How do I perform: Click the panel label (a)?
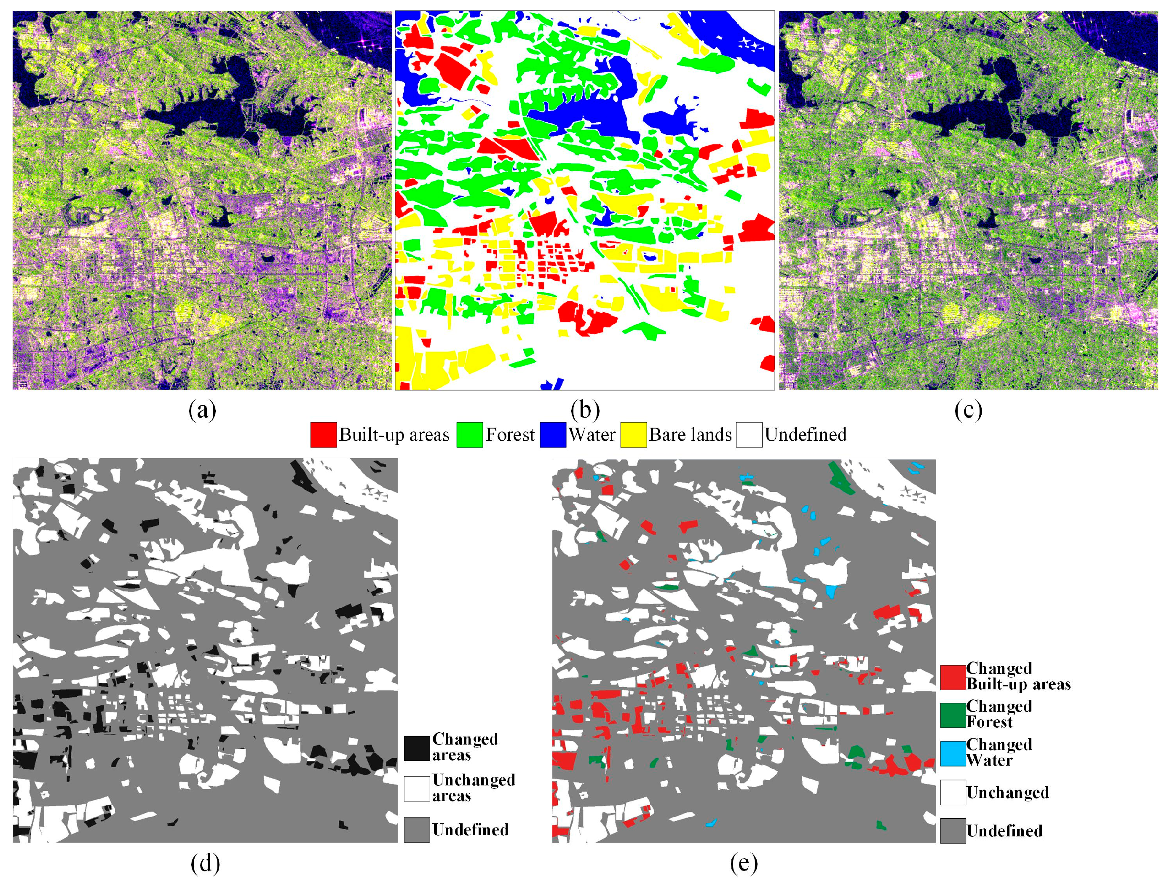tap(202, 410)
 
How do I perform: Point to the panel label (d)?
tap(205, 863)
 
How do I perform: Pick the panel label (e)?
tap(744, 863)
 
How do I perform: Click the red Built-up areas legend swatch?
tap(323, 435)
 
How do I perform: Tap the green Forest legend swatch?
tap(470, 435)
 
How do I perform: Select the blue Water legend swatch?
tap(553, 435)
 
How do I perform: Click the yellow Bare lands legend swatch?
tap(633, 435)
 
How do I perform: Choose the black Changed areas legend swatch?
tap(417, 748)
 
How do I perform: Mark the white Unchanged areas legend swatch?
tap(417, 789)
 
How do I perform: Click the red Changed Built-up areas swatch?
tap(953, 677)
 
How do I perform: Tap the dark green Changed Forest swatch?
tap(953, 715)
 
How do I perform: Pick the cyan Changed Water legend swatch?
tap(953, 753)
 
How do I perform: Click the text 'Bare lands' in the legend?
tap(690, 435)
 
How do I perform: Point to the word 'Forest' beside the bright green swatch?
tap(510, 435)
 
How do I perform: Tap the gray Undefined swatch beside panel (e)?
tap(953, 830)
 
